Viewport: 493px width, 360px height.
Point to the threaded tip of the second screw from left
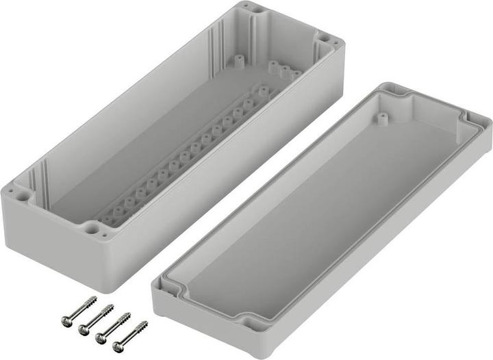[x=110, y=308]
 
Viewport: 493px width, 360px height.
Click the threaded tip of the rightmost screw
[x=144, y=323]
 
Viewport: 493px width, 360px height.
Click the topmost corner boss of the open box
[x=259, y=10]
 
